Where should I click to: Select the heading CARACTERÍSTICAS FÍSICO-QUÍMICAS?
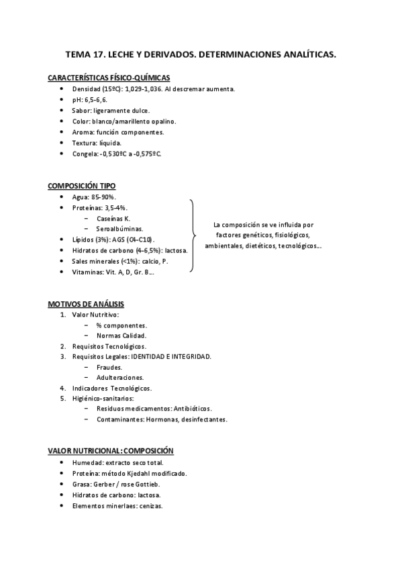pos(109,78)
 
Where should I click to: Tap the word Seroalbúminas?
pos(119,229)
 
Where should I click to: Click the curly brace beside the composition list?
pos(193,236)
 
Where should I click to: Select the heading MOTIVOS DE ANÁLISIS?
pos(86,304)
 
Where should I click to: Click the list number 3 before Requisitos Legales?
pos(63,356)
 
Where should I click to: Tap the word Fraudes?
pos(109,367)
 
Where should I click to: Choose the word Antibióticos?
pos(192,409)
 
